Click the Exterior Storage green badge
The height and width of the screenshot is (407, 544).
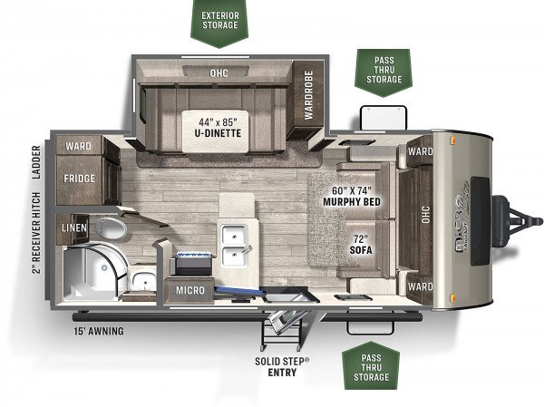[x=219, y=22]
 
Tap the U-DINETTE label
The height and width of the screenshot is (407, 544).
[x=218, y=133]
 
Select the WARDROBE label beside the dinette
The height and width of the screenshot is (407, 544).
[x=308, y=95]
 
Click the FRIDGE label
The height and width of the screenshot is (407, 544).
[x=79, y=179]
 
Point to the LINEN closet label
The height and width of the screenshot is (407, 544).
[x=74, y=228]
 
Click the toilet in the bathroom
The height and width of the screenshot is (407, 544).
[x=111, y=228]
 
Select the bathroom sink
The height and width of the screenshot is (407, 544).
[x=143, y=280]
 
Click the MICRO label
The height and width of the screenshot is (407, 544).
[x=190, y=290]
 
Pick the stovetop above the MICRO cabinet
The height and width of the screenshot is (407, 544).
[x=193, y=264]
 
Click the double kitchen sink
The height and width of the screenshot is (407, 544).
[x=235, y=246]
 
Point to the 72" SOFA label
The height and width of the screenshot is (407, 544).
[x=361, y=245]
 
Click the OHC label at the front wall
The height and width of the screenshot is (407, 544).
[x=426, y=215]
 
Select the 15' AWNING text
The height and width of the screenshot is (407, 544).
[x=99, y=332]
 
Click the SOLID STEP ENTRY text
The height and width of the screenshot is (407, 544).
[x=282, y=367]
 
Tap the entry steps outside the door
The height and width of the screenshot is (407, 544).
[x=280, y=329]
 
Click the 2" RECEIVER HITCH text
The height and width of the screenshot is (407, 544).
[x=36, y=233]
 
